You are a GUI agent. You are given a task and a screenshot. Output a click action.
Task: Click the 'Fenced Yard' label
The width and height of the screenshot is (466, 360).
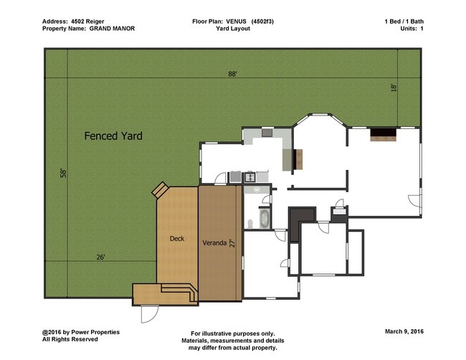(x=113, y=136)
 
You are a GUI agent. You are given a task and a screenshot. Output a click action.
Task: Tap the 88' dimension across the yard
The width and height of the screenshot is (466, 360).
(x=232, y=74)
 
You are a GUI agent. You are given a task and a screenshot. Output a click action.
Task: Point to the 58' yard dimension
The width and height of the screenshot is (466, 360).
(x=63, y=173)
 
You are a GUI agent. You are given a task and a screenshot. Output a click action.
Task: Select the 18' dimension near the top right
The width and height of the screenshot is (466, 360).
(x=394, y=87)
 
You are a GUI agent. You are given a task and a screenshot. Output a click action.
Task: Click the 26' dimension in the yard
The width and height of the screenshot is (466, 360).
(x=101, y=257)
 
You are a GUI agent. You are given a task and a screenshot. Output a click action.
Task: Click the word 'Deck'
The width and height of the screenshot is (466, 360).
(x=177, y=238)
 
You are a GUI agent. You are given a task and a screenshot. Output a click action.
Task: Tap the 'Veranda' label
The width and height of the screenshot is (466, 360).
(x=214, y=243)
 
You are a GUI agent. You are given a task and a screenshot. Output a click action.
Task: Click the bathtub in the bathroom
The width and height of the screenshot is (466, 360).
(x=265, y=219)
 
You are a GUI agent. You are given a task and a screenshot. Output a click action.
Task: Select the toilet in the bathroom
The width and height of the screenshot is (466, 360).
(x=250, y=224)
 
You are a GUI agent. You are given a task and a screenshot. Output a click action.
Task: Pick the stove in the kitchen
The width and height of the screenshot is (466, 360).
(x=250, y=177)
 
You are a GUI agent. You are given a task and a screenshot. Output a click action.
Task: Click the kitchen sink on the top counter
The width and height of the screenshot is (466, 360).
(x=267, y=132)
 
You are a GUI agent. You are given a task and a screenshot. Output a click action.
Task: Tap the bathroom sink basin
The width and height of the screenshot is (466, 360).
(x=257, y=189)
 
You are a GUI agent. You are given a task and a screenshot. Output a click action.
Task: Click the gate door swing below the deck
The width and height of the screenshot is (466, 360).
(x=150, y=314)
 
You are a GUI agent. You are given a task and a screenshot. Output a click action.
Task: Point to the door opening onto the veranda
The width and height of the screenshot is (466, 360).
(x=221, y=179)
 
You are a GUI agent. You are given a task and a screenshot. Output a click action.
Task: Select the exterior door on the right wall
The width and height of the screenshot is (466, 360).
(x=414, y=201)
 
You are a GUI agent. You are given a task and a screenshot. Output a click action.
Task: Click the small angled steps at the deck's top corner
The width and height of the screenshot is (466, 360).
(x=160, y=189)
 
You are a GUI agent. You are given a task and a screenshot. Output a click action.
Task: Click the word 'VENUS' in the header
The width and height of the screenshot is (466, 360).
(x=236, y=22)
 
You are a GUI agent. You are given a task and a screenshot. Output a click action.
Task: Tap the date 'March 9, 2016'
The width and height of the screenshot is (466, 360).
(x=404, y=331)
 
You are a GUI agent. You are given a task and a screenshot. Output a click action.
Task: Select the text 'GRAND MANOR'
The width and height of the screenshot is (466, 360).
(x=112, y=29)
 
